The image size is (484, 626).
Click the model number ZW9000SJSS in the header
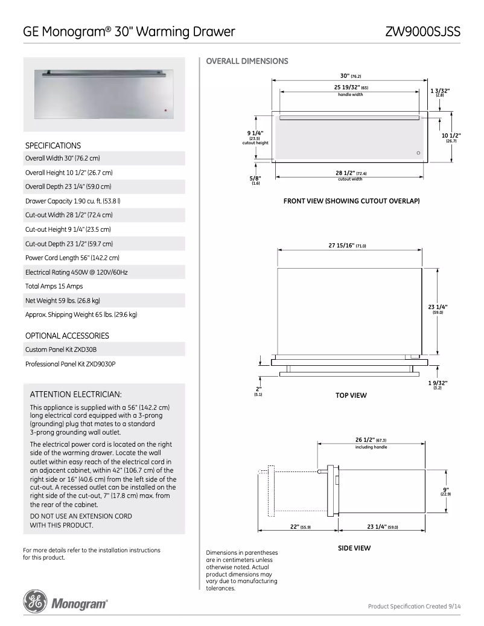(x=424, y=31)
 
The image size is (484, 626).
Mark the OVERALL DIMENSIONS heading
(x=247, y=61)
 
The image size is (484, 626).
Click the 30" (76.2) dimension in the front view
(x=351, y=76)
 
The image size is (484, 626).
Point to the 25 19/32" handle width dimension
(x=351, y=88)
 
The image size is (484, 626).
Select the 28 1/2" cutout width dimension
(x=351, y=173)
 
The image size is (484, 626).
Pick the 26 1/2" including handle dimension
(x=371, y=440)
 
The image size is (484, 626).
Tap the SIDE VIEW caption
(x=354, y=548)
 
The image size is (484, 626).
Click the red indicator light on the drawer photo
(x=164, y=110)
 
